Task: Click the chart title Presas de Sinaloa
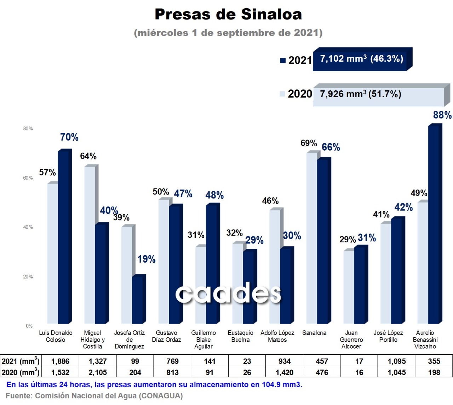pyautogui.click(x=228, y=15)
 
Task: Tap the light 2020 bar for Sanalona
pyautogui.click(x=311, y=237)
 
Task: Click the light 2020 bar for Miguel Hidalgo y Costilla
pyautogui.click(x=90, y=244)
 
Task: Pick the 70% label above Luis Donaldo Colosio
pyautogui.click(x=69, y=137)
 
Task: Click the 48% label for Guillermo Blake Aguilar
pyautogui.click(x=214, y=195)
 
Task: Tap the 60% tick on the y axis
pyautogui.click(x=28, y=178)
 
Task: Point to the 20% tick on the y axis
pyautogui.click(x=28, y=277)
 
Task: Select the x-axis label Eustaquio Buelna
pyautogui.click(x=240, y=336)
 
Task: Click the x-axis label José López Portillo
pyautogui.click(x=388, y=336)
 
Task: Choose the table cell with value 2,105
pyautogui.click(x=98, y=372)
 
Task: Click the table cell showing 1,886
pyautogui.click(x=60, y=361)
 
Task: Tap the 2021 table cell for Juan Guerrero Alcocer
pyautogui.click(x=359, y=361)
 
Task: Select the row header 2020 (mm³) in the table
pyautogui.click(x=20, y=372)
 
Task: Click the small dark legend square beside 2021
pyautogui.click(x=282, y=60)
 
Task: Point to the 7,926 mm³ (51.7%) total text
pyautogui.click(x=360, y=94)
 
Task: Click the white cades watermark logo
pyautogui.click(x=228, y=294)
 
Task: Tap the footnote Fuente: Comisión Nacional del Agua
pyautogui.click(x=94, y=396)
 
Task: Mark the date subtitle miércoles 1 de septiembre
pyautogui.click(x=228, y=33)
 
